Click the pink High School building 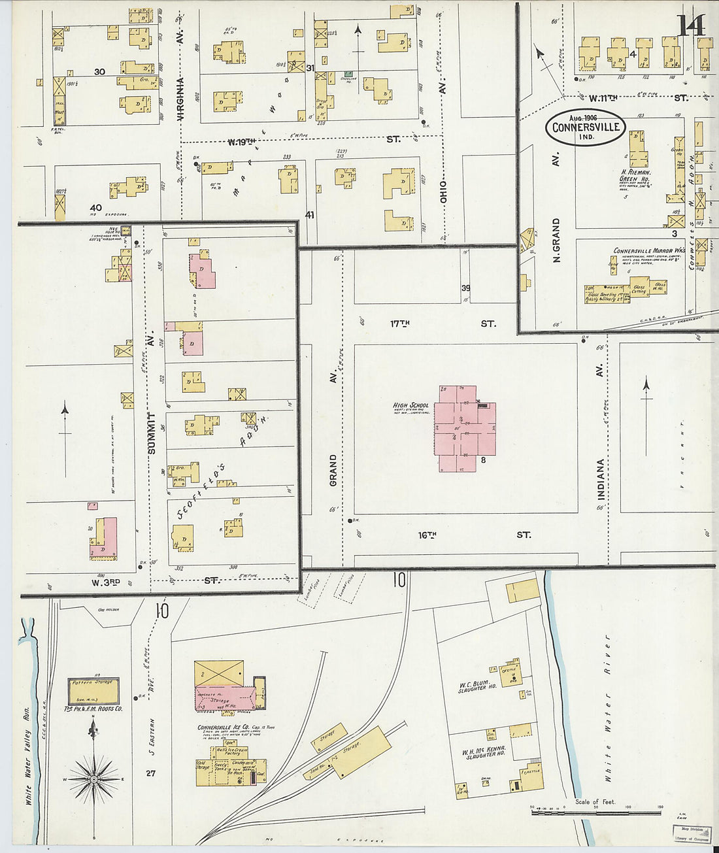coord(466,428)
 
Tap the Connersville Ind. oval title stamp coord(586,127)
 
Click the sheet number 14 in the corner coord(690,26)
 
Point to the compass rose coord(94,779)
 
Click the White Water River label coord(608,709)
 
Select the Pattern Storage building coord(93,691)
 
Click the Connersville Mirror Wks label coord(648,250)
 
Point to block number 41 coord(310,214)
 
